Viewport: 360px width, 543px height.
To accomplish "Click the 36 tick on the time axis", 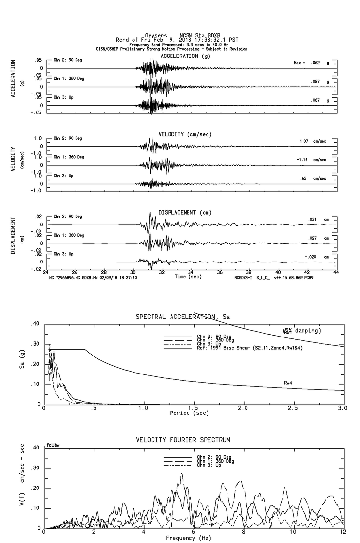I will [x=220, y=272].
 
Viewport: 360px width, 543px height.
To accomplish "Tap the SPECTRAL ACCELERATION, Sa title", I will [x=183, y=317].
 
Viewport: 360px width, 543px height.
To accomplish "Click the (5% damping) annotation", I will [x=302, y=331].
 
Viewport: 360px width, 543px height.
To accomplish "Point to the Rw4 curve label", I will [x=288, y=383].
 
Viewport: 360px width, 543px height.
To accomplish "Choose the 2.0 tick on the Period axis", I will [x=243, y=408].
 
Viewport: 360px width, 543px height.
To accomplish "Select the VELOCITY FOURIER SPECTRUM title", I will [x=183, y=440].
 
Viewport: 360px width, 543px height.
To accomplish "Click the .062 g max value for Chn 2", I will [x=316, y=63].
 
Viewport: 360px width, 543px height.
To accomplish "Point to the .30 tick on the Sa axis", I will [x=35, y=344].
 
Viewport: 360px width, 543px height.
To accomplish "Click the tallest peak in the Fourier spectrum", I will [x=182, y=474].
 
